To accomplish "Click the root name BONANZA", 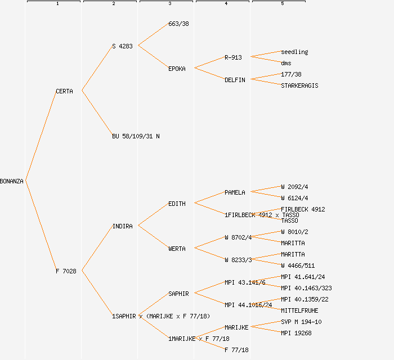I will (x=12, y=181).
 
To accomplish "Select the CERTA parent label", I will (x=64, y=91).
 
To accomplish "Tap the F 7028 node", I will (x=66, y=271).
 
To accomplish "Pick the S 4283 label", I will (x=122, y=46).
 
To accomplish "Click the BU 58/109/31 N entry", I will (x=136, y=136).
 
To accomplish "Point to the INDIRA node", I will (x=122, y=226).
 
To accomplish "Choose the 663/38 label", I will (x=178, y=24).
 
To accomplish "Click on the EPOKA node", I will (x=177, y=69).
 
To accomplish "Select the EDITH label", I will (x=177, y=204).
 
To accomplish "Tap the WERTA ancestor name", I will (x=177, y=249).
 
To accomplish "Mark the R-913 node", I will (x=233, y=57).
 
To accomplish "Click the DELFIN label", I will (x=235, y=80).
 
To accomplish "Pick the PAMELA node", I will (x=235, y=192).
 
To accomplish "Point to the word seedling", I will (x=294, y=52).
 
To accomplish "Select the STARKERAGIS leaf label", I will (x=299, y=85).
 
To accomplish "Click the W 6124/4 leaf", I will (x=294, y=198).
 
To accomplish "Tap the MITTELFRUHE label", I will (x=299, y=310).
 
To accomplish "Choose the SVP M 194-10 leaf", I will (x=301, y=322).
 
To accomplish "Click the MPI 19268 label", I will (x=296, y=333).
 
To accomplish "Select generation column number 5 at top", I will (x=283, y=4).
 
